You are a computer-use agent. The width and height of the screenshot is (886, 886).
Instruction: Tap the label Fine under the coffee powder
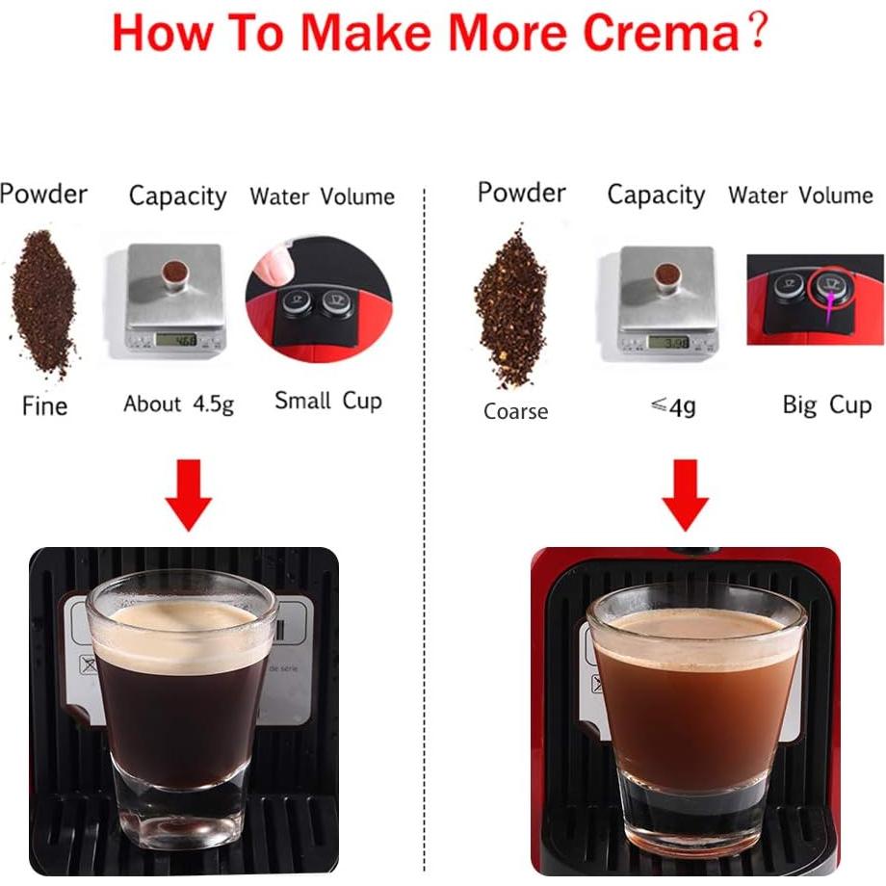point(44,405)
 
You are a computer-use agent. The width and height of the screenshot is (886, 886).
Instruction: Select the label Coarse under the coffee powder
point(515,412)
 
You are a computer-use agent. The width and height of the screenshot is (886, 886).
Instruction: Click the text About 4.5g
point(178,404)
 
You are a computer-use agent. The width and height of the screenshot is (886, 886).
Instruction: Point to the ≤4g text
point(672,406)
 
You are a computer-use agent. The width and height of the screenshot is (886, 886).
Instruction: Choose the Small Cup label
point(328,401)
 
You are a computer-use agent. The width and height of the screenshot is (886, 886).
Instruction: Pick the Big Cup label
point(827,404)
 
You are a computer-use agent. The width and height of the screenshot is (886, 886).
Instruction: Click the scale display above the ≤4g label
point(668,341)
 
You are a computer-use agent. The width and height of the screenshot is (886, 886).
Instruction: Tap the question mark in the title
point(758,33)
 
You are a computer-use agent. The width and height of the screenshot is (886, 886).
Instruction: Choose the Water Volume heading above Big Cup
point(800,195)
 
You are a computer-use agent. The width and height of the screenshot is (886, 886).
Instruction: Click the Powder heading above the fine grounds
point(43,194)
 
